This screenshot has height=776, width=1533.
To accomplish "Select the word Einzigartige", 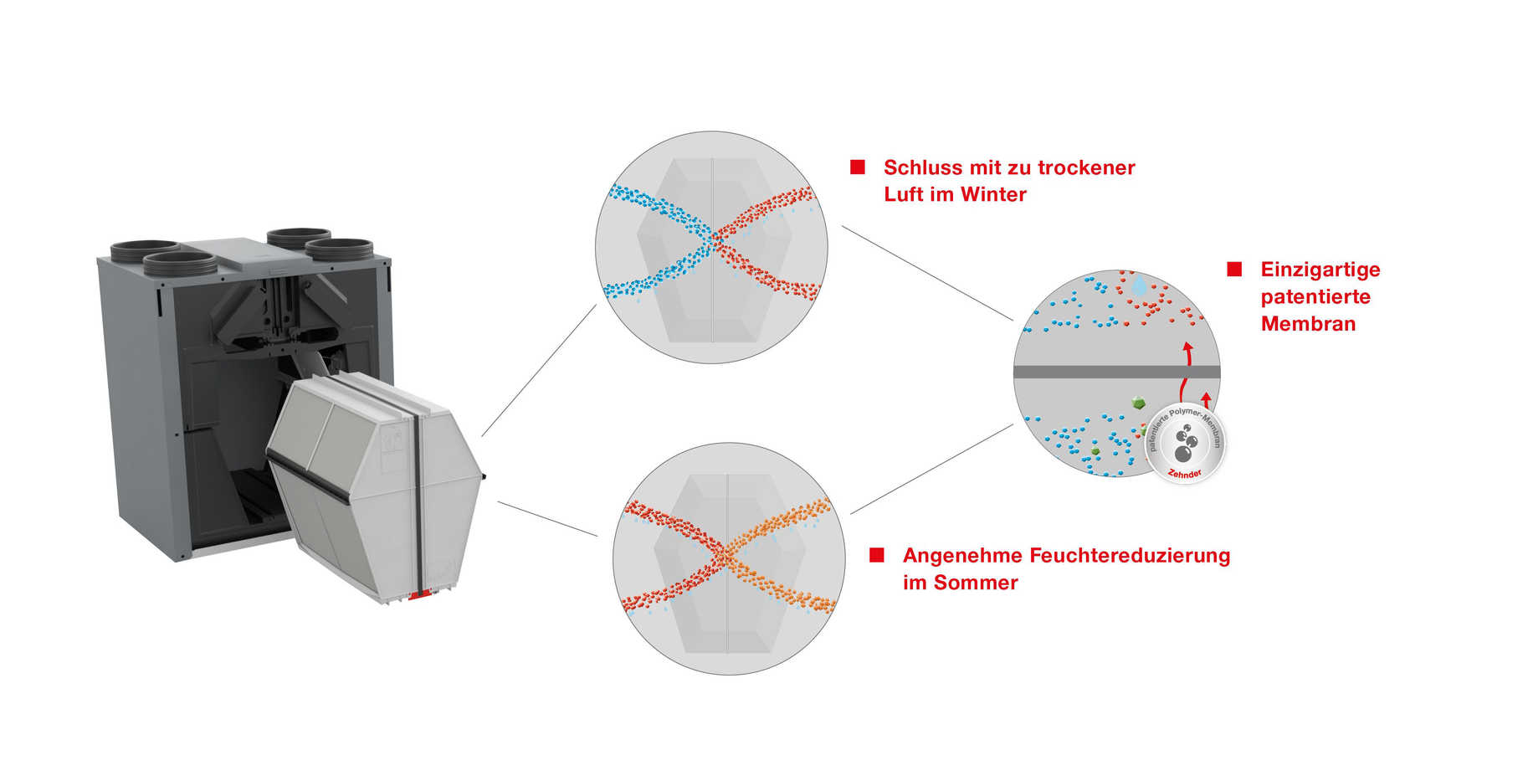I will tap(1320, 270).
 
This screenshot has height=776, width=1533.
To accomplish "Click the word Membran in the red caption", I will tap(1307, 324).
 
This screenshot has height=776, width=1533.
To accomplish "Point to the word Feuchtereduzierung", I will tap(1129, 556).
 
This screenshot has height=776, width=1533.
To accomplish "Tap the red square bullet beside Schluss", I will tap(858, 167).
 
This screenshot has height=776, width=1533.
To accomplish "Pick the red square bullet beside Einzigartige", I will tap(1234, 269).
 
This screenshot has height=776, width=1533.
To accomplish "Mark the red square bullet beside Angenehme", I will tap(877, 555).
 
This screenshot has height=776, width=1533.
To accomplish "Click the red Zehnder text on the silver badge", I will tap(1185, 474).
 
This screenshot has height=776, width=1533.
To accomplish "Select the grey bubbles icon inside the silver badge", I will tap(1185, 443).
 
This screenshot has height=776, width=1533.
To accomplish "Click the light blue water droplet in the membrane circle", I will tap(1138, 285).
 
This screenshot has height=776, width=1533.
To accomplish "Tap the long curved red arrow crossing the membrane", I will tap(1185, 368).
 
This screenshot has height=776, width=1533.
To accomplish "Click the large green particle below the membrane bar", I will tap(1138, 403).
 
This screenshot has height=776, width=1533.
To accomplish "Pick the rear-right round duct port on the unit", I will tap(299, 234).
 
